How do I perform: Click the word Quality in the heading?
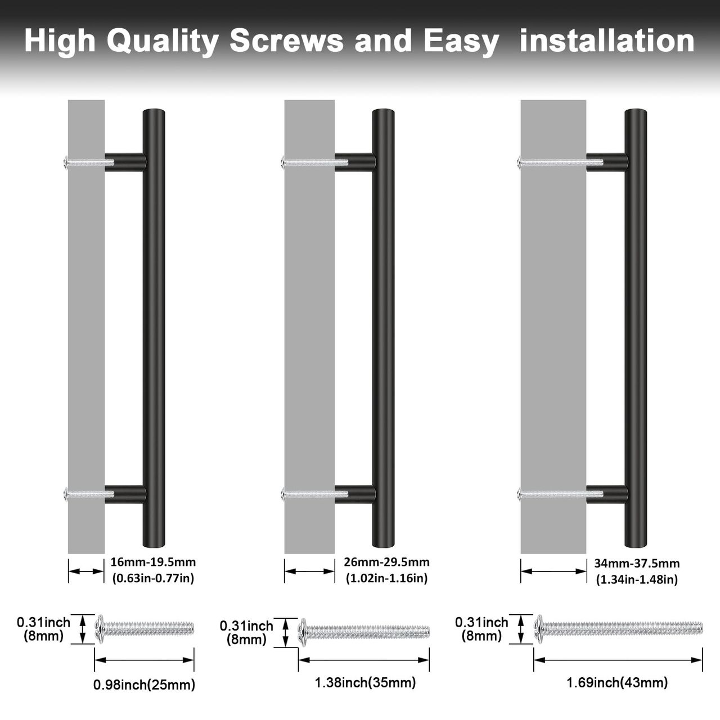[x=163, y=42]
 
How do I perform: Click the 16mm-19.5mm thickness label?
[x=153, y=562]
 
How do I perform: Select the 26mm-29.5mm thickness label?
[x=386, y=562]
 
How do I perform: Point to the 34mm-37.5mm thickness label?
[x=637, y=563]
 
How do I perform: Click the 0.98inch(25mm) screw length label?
[x=144, y=685]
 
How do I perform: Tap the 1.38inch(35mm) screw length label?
[x=365, y=683]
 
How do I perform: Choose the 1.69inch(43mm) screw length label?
[x=617, y=683]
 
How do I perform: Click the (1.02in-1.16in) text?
[x=386, y=578]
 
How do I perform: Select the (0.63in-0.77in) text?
[x=153, y=578]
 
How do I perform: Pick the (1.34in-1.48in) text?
[x=637, y=579]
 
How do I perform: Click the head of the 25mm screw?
[x=99, y=629]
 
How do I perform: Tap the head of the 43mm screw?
[x=538, y=629]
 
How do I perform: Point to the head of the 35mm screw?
[x=303, y=633]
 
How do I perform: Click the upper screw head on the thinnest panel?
[x=66, y=162]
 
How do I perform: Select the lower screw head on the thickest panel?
[x=519, y=494]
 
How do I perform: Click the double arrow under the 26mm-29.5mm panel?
[x=309, y=571]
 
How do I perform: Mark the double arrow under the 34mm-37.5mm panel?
[x=553, y=571]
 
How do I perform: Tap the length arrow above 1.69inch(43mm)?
[x=618, y=660]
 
